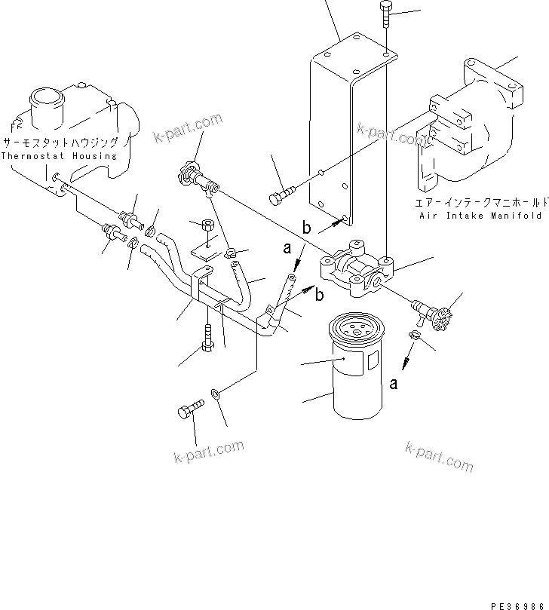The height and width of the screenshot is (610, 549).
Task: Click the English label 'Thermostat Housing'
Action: tap(60, 156)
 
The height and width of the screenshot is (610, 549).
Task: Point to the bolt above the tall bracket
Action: tap(386, 14)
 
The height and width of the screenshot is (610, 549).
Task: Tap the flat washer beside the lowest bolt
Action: tap(216, 393)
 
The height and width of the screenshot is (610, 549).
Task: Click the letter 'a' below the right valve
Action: tap(394, 384)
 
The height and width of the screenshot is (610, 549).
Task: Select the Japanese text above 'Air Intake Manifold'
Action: tap(480, 202)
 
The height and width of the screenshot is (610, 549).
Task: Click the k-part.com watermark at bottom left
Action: tap(208, 451)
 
